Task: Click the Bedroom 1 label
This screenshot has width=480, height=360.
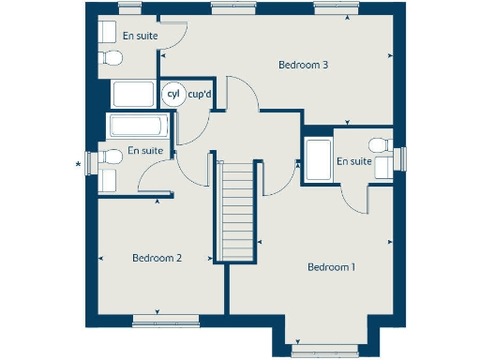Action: (x=331, y=267)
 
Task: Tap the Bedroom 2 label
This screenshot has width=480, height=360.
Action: (x=157, y=258)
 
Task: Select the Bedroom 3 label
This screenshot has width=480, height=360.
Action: (x=303, y=66)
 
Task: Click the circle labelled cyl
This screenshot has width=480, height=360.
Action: (x=172, y=94)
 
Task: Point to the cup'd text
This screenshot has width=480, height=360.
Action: (x=200, y=94)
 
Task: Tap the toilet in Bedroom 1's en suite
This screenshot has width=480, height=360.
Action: (x=381, y=146)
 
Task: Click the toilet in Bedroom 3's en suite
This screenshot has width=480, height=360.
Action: (x=112, y=59)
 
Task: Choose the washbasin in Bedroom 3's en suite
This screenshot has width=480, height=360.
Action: (x=107, y=28)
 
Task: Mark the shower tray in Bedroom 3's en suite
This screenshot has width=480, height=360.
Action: (x=133, y=95)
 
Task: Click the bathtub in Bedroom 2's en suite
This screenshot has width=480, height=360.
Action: (x=137, y=126)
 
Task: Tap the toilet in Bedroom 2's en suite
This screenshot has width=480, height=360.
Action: (x=110, y=157)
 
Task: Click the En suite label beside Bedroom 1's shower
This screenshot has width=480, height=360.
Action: (x=354, y=161)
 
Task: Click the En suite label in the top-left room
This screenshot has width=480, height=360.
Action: (x=140, y=36)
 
